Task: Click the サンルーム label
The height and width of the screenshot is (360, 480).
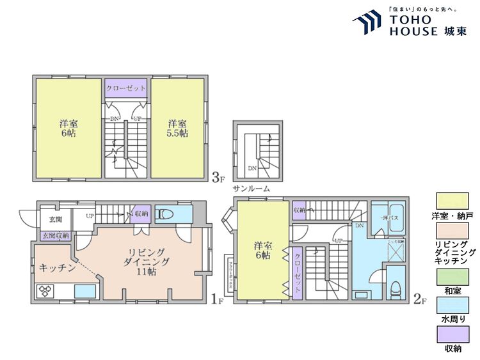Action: (251, 189)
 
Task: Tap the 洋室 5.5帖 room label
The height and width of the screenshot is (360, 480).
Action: (178, 128)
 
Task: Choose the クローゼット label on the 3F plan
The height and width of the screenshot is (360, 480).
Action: (126, 88)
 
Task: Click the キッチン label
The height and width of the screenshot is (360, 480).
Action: (58, 268)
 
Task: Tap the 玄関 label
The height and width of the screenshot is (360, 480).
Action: (55, 219)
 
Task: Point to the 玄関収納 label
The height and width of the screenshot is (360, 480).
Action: (56, 236)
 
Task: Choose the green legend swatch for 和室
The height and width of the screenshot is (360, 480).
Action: (452, 276)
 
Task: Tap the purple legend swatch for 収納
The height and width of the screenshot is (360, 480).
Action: (452, 335)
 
